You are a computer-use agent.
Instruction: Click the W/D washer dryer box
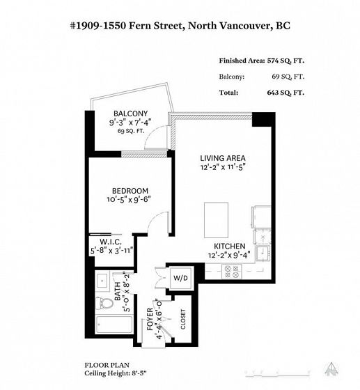pos(180,278)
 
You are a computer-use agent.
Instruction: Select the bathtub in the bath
pos(114,325)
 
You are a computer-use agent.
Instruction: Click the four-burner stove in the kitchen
pos(231,272)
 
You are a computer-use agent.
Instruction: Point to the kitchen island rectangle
pos(216,220)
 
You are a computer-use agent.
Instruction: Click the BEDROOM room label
pos(130,191)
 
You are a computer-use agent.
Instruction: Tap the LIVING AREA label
pos(223,158)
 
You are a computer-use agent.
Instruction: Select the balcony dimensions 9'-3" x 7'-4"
pos(130,123)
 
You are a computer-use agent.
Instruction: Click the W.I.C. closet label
pos(111,242)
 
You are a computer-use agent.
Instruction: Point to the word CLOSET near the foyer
pos(183,319)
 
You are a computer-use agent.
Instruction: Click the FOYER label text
pos(150,319)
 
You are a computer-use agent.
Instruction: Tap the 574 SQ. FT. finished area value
pos(285,61)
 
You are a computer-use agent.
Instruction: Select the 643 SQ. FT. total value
pos(285,93)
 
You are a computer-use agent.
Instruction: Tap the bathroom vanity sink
pos(102,281)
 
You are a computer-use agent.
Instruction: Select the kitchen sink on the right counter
pos(263,253)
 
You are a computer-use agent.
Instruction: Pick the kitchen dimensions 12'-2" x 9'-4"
pos(229,255)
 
